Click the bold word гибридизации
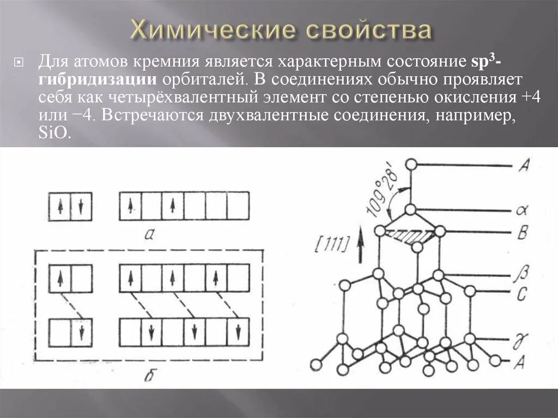(97, 80)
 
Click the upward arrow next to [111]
(360, 245)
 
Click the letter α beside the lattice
(520, 210)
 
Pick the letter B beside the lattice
(521, 233)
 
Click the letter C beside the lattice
(521, 295)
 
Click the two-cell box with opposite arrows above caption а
(70, 206)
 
